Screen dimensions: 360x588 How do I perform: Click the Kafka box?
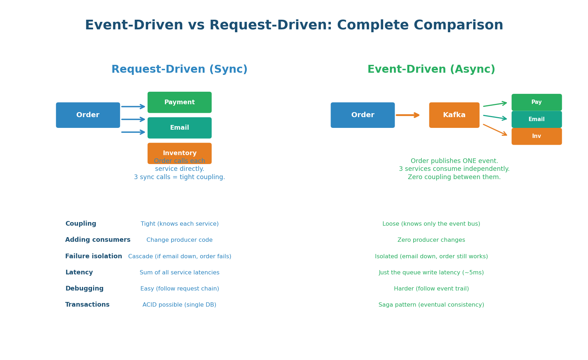pos(454,115)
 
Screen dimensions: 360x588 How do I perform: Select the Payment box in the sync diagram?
pos(179,102)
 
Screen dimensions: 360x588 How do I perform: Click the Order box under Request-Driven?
pos(88,115)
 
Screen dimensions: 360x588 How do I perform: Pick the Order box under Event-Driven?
pos(362,115)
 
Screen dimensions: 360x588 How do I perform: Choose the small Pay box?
pos(536,102)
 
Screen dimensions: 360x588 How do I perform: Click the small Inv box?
pos(536,136)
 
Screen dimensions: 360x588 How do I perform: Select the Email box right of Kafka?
pos(536,119)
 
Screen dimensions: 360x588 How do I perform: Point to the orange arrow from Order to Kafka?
pos(408,115)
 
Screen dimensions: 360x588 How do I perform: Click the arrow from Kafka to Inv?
pos(495,130)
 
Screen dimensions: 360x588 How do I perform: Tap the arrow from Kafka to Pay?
pos(495,104)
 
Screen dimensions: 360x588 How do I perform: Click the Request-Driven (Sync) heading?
pos(179,69)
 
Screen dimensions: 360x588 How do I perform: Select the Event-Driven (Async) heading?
pos(431,69)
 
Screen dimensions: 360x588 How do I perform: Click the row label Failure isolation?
pos(93,256)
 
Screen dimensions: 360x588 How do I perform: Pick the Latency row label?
pos(79,273)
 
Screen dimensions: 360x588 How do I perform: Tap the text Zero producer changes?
pos(431,240)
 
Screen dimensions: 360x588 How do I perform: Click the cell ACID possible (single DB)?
pos(179,305)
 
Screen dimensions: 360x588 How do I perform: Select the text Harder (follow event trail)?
pos(431,289)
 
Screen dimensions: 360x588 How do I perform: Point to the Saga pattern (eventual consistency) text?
pos(431,305)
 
